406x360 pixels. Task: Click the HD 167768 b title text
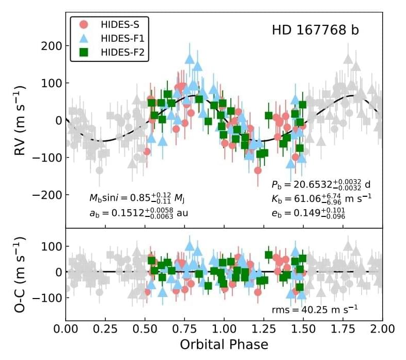pyautogui.click(x=315, y=30)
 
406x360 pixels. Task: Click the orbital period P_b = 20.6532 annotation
pyautogui.click(x=321, y=184)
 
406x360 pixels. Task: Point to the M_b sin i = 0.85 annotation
pyautogui.click(x=137, y=197)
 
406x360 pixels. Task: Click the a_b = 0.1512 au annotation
pyautogui.click(x=138, y=212)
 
